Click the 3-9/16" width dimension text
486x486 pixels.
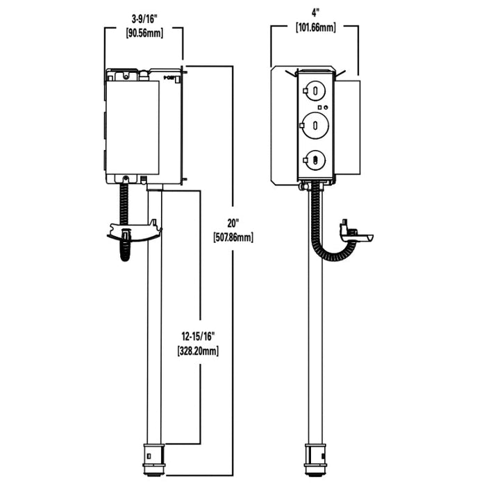click(142, 20)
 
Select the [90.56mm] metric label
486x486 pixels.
click(142, 33)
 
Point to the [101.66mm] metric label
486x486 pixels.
click(315, 28)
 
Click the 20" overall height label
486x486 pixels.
click(233, 224)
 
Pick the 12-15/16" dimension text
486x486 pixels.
click(196, 337)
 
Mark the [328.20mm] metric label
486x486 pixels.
click(196, 351)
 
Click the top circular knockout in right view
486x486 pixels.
click(315, 90)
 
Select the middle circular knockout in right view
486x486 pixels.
click(315, 125)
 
